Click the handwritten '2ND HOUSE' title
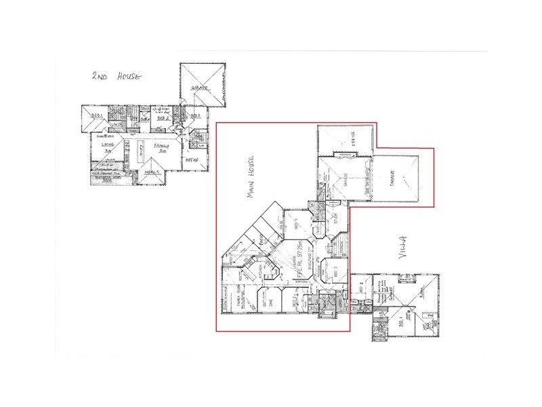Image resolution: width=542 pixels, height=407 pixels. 116,77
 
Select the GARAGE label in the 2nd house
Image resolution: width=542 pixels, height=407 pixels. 199,89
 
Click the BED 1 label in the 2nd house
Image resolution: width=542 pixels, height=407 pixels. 96,117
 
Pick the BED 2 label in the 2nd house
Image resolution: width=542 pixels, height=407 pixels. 162,117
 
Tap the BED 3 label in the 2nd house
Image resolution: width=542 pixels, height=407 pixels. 195,117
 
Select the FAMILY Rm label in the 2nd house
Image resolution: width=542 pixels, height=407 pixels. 161,147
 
